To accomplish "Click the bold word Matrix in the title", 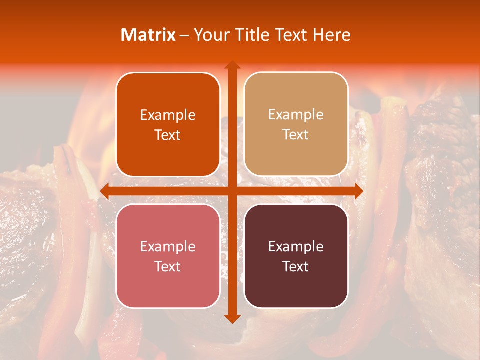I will [148, 35].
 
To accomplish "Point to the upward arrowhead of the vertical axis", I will [232, 65].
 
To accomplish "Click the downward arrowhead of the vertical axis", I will [232, 318].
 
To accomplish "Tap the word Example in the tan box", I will [296, 115].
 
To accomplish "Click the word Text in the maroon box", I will [296, 266].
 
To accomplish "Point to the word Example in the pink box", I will [168, 246].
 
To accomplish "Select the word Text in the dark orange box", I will [168, 135].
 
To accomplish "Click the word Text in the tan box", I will [296, 134].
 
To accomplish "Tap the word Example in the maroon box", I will [296, 246].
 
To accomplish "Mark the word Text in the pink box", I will [168, 266].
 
